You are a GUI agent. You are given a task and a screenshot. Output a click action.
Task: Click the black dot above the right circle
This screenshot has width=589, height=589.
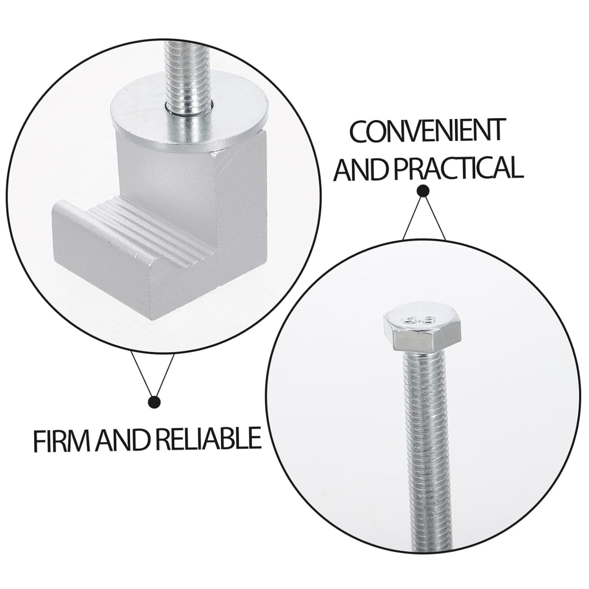[x=424, y=191]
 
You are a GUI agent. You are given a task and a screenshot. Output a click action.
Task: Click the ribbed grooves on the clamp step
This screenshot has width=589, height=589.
[x=150, y=225]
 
